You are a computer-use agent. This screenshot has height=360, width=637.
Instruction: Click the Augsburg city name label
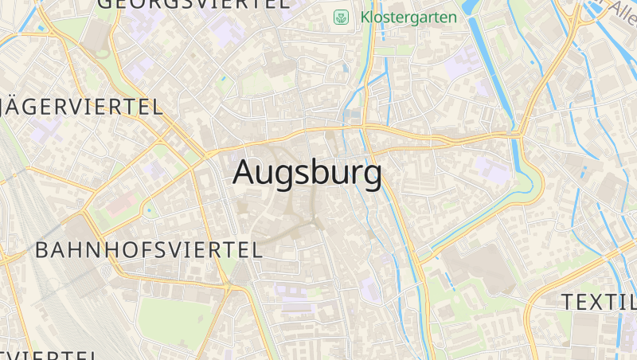pos(307,173)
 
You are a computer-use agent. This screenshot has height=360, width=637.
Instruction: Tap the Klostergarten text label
pos(408,17)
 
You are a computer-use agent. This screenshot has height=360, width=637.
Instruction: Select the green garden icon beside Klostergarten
pos(341,17)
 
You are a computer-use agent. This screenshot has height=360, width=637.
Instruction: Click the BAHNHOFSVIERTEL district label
pos(149,249)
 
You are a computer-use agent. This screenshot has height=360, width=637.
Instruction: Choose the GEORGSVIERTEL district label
pos(193,3)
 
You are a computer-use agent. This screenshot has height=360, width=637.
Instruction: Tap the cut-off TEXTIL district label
pos(599,302)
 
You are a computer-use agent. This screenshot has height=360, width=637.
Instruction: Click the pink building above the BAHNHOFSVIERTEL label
pos(119,204)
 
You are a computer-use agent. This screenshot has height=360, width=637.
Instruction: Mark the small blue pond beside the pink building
pos(147,211)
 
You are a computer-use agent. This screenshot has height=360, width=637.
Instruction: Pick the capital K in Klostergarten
pos(365,17)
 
